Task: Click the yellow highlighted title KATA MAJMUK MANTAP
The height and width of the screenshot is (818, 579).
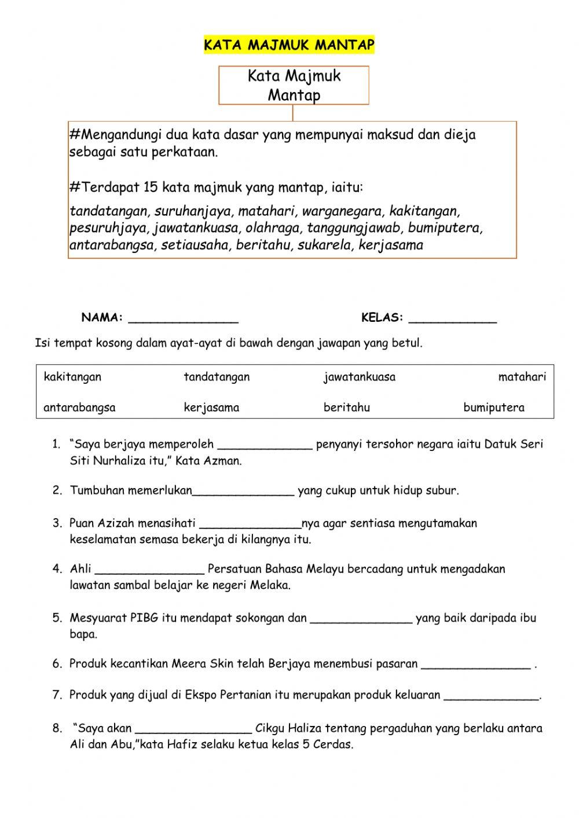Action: pos(289,45)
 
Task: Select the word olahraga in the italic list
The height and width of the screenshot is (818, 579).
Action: pos(272,228)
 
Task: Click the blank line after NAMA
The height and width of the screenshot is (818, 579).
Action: pos(183,318)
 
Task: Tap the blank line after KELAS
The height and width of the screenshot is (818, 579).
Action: pos(452,318)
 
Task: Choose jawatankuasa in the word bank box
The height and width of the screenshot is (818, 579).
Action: pos(359,377)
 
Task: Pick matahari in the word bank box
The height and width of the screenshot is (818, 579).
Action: pos(522,377)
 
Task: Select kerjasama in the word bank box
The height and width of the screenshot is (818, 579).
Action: pos(211,408)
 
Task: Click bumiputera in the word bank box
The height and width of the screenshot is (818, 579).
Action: pos(493,408)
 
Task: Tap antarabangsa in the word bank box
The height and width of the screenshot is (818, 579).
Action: pos(79,408)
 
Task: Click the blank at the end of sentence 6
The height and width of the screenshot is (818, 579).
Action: pos(476,665)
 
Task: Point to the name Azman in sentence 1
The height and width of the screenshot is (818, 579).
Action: pos(223,461)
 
